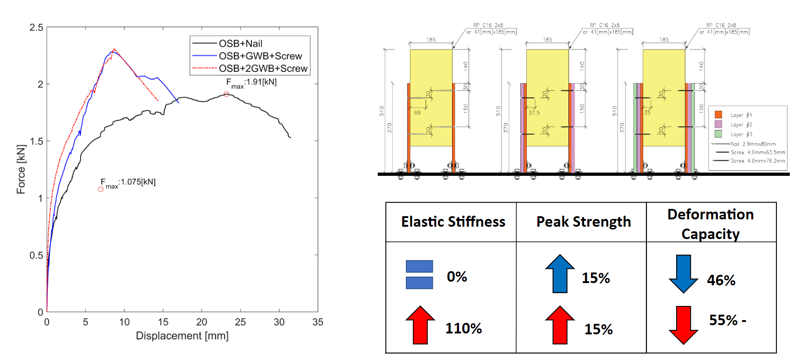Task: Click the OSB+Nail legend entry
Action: click(x=240, y=44)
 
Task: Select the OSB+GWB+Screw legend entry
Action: click(x=260, y=56)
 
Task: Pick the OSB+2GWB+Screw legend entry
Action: click(x=263, y=68)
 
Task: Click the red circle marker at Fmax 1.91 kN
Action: click(x=226, y=94)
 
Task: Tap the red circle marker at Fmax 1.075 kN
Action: click(x=101, y=189)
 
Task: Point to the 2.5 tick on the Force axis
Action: click(x=37, y=27)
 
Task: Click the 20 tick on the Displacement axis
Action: click(x=202, y=322)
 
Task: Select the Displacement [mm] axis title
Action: click(x=182, y=336)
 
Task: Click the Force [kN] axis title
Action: click(x=21, y=169)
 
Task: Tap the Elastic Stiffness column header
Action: click(x=453, y=222)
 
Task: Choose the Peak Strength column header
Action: click(x=583, y=222)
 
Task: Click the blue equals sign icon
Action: click(x=419, y=274)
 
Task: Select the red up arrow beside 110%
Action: click(x=420, y=325)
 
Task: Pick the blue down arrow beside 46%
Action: click(x=683, y=274)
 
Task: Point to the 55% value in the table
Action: click(x=723, y=320)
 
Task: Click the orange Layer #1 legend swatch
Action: click(x=718, y=115)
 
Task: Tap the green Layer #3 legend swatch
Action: click(x=718, y=134)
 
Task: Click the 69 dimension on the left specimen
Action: click(x=417, y=112)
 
